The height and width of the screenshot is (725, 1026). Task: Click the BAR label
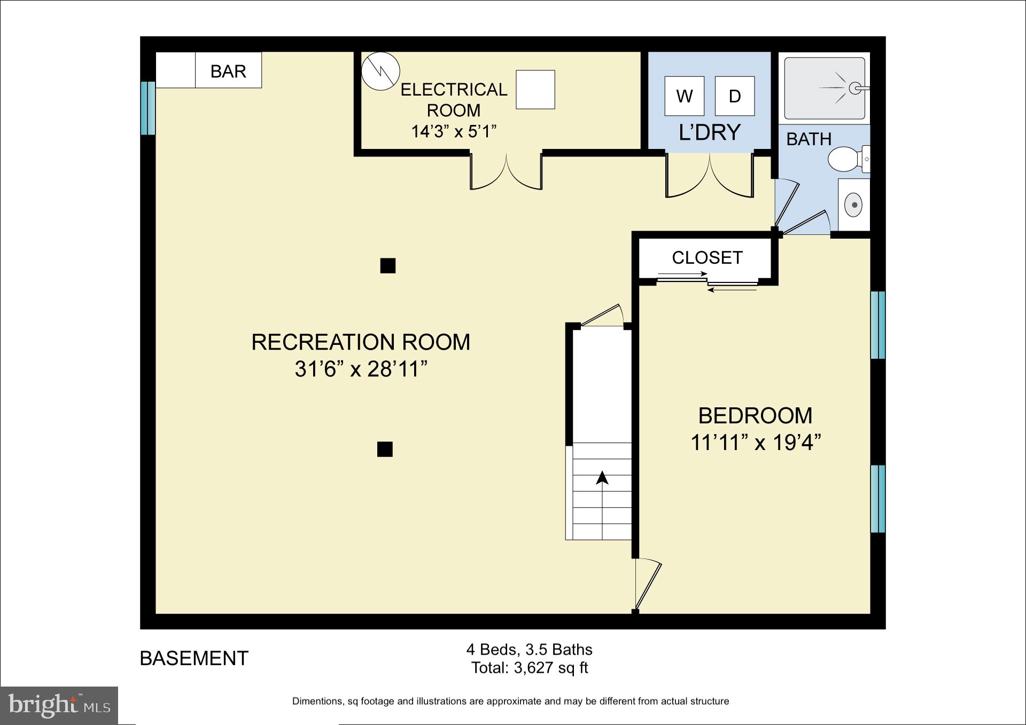click(x=228, y=71)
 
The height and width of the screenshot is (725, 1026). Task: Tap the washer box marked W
click(x=684, y=96)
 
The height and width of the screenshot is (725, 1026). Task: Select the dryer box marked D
click(x=735, y=96)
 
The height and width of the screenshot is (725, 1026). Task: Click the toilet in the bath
click(x=844, y=159)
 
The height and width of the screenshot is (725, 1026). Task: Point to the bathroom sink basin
click(x=854, y=205)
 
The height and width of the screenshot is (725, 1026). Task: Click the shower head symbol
click(x=854, y=88)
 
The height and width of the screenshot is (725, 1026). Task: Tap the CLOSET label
click(x=706, y=258)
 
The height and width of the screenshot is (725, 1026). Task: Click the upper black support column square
click(x=387, y=265)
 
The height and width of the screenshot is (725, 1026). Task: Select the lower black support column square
click(x=385, y=449)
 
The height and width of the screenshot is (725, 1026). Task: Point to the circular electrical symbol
click(x=380, y=70)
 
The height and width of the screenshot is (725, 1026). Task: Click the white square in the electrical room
click(x=535, y=90)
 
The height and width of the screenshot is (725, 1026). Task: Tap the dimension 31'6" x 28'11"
click(x=361, y=369)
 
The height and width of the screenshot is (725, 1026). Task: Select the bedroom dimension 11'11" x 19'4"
click(x=755, y=443)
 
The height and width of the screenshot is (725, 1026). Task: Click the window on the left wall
click(x=147, y=108)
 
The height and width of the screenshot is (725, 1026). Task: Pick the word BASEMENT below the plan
click(x=194, y=658)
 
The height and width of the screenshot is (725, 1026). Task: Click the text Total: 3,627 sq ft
click(x=529, y=668)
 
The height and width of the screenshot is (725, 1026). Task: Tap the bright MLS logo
click(x=59, y=705)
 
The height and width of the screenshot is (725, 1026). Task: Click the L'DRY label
click(x=709, y=132)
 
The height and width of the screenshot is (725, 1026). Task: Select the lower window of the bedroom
click(x=877, y=499)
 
